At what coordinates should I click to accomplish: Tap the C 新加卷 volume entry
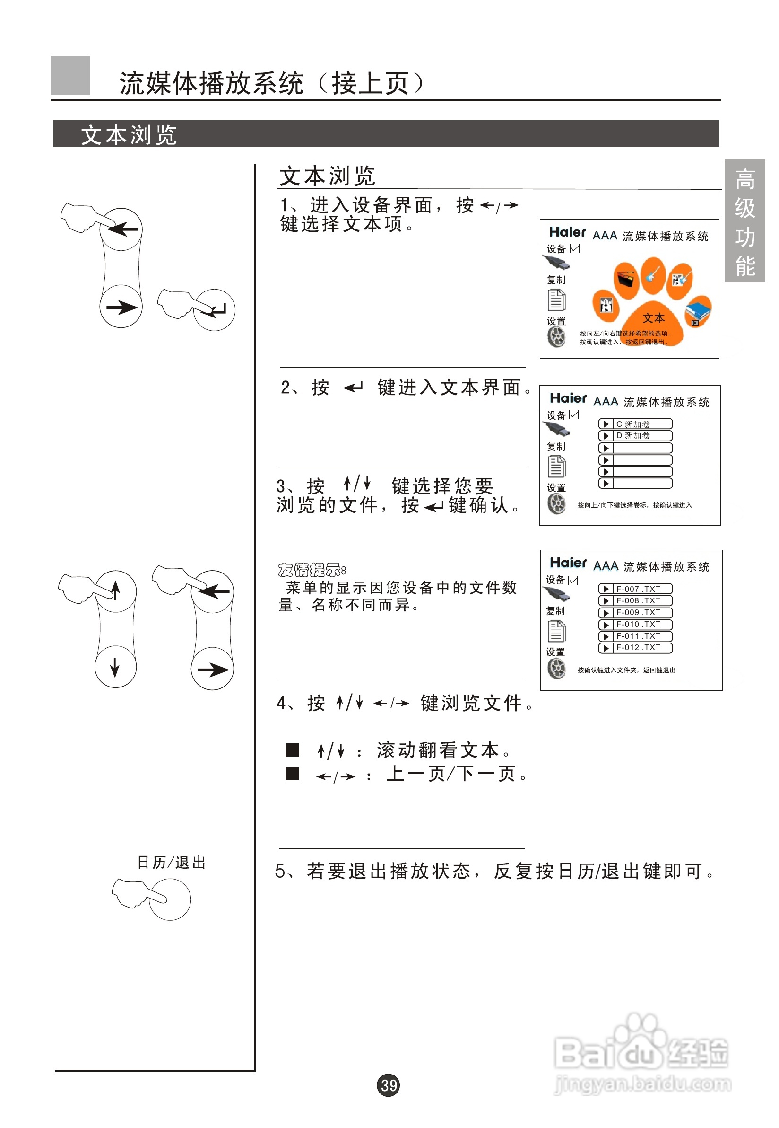tap(635, 423)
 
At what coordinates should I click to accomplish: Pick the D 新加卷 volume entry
tap(635, 435)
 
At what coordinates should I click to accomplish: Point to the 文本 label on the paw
tap(653, 318)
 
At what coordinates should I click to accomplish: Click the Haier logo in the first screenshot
tap(567, 232)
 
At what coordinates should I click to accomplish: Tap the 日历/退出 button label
tap(171, 862)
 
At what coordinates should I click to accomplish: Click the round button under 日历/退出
tap(169, 899)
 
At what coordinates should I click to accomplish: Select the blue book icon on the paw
tap(698, 311)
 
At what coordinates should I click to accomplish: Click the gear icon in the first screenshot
tap(556, 336)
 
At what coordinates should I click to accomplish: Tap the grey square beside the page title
tap(70, 75)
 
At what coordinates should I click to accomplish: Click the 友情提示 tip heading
tap(312, 570)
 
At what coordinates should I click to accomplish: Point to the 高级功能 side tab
tap(744, 221)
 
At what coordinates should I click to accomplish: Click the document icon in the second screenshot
tap(556, 466)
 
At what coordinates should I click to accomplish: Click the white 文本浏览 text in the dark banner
tap(129, 134)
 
